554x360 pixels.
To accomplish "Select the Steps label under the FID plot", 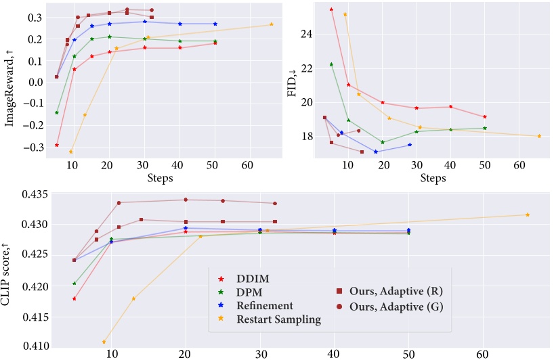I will click(433, 179).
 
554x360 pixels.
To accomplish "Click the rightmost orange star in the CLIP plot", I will click(528, 215).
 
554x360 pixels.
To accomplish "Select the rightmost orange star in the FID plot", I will click(539, 136).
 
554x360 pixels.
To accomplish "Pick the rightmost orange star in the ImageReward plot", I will click(272, 24).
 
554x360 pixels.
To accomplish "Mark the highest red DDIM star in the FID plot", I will click(331, 9).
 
